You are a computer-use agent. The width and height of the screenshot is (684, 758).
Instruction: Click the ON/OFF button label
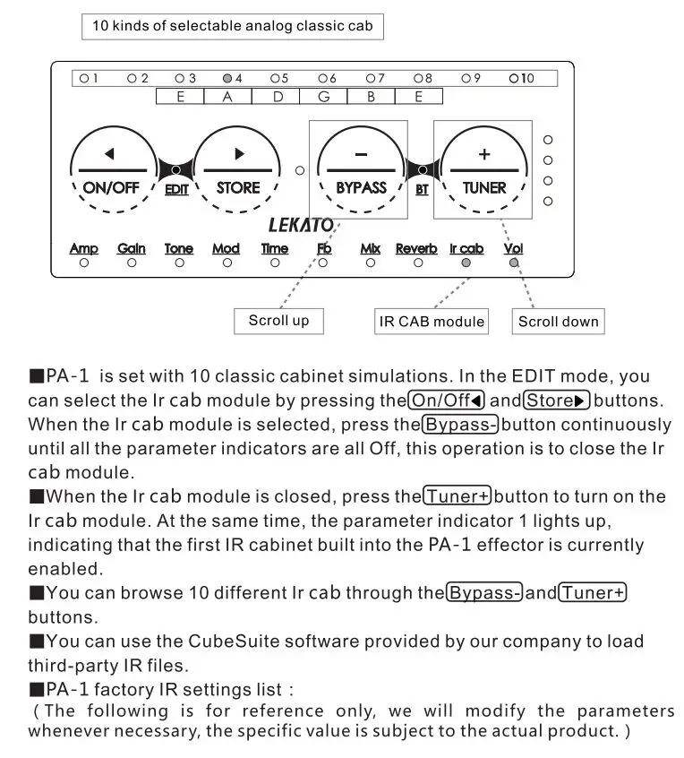108,188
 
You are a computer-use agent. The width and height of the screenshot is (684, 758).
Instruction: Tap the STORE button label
238,188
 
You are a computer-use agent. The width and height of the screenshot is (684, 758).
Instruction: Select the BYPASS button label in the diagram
361,188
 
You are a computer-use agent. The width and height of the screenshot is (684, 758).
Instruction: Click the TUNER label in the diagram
484,188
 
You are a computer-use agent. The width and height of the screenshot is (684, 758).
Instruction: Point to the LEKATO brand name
301,225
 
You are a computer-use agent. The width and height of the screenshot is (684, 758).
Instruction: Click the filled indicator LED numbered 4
227,79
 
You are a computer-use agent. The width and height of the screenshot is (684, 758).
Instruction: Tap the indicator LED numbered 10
514,79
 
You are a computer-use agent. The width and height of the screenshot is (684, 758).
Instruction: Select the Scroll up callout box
278,321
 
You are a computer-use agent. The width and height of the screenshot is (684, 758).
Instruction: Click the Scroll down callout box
559,321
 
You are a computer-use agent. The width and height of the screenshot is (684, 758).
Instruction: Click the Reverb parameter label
416,248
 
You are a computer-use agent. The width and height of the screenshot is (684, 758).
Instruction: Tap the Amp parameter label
84,248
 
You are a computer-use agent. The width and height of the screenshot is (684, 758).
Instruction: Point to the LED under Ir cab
466,263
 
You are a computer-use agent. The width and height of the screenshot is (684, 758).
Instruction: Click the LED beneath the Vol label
513,263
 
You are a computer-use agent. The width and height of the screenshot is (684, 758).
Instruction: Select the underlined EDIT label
176,190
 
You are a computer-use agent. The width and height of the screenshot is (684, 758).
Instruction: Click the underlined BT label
422,190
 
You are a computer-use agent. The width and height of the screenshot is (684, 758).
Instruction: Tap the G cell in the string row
323,97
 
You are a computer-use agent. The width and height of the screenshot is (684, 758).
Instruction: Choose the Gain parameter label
132,248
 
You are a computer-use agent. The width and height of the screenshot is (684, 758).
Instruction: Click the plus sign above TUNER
484,154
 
